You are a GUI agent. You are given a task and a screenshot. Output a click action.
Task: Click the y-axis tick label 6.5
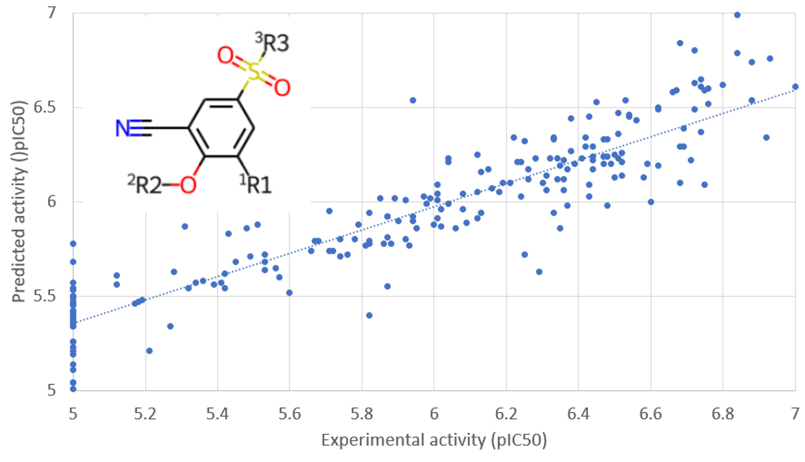click(x=45, y=107)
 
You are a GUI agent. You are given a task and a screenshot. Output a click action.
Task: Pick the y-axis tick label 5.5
click(x=45, y=296)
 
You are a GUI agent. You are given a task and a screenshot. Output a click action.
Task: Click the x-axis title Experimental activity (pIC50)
click(x=434, y=440)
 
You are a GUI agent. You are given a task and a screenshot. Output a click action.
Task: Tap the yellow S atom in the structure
click(x=253, y=72)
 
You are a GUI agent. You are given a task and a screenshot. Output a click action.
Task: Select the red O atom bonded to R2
click(x=188, y=185)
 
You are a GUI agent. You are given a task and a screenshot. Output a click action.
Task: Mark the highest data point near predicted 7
click(x=737, y=15)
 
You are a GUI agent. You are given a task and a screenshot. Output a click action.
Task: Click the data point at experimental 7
click(x=795, y=87)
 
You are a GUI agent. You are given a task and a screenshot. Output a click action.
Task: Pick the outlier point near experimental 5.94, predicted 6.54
click(x=413, y=100)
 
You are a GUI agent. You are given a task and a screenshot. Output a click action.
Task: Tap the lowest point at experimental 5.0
click(x=73, y=389)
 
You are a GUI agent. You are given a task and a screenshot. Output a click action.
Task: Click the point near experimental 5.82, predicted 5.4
click(x=369, y=315)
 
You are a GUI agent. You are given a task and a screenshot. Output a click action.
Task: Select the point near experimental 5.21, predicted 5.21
click(x=149, y=351)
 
